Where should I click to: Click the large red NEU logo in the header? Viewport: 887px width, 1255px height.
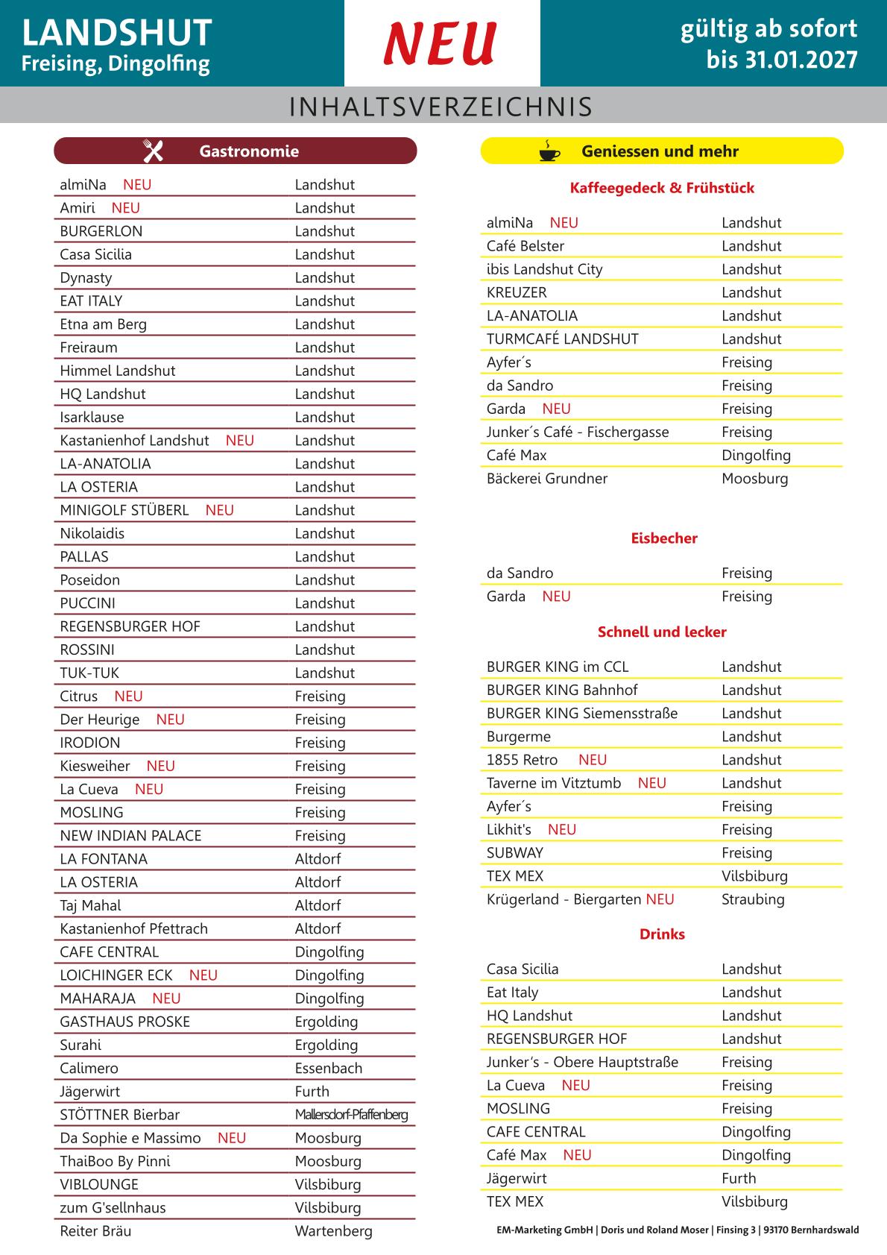click(441, 43)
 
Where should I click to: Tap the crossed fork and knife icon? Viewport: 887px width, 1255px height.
click(153, 151)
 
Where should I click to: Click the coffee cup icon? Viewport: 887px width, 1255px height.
click(549, 151)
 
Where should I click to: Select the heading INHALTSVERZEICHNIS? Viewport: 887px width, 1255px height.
click(441, 107)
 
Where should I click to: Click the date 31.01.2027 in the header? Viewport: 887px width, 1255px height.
click(782, 60)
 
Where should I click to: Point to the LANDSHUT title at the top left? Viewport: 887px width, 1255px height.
click(117, 33)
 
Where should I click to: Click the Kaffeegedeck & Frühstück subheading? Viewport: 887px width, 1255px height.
click(662, 188)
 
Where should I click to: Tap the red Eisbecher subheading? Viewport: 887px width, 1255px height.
click(664, 538)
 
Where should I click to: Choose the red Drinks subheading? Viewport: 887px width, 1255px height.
click(662, 934)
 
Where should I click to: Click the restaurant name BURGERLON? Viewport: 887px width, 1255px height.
click(101, 231)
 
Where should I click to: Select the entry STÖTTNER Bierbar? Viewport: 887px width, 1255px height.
click(120, 1115)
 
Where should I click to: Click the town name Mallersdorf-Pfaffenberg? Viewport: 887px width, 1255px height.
click(351, 1115)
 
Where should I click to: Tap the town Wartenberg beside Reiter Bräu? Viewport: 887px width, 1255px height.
click(333, 1231)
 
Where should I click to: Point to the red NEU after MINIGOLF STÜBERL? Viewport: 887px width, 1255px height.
click(220, 510)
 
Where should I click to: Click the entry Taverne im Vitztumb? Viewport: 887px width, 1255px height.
click(554, 783)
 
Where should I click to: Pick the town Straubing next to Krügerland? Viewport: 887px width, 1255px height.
click(753, 899)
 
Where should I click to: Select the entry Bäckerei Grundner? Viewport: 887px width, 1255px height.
click(547, 479)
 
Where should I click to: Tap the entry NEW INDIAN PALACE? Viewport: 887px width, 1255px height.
click(131, 836)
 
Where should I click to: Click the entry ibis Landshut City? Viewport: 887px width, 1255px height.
click(545, 269)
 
